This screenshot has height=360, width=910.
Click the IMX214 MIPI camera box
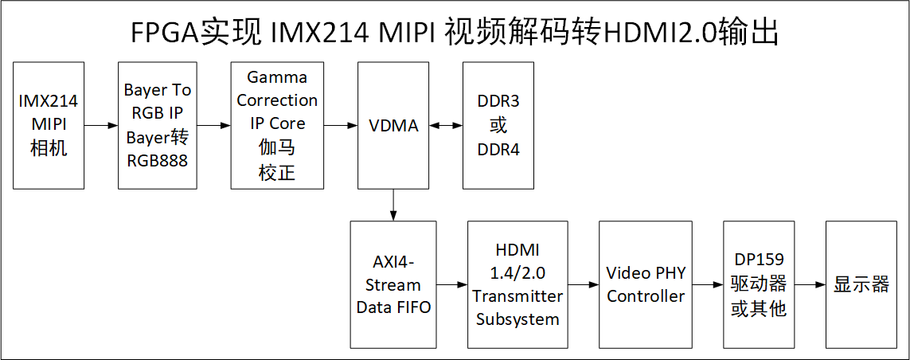(x=49, y=125)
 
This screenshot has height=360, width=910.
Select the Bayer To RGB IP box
(x=157, y=125)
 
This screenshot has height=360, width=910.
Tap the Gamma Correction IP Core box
(x=277, y=125)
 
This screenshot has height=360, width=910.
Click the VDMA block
(x=393, y=125)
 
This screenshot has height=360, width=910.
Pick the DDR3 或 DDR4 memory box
(x=498, y=125)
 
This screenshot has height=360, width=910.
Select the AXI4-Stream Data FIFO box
(x=393, y=284)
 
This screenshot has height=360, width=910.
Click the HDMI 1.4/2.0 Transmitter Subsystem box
(x=517, y=284)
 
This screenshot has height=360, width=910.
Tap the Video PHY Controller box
(x=646, y=284)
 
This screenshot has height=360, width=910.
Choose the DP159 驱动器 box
(x=758, y=284)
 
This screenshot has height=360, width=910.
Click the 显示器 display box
(x=861, y=284)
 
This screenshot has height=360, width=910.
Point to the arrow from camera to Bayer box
(x=100, y=125)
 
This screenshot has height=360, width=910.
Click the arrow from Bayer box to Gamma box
(x=213, y=125)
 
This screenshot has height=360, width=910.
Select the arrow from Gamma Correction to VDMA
(x=341, y=125)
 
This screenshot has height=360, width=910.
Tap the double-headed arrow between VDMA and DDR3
(x=446, y=125)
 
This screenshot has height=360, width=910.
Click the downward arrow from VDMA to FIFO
(x=393, y=205)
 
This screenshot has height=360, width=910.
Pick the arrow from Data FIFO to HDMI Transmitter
(x=452, y=284)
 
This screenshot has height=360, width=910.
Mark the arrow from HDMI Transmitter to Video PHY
(x=584, y=284)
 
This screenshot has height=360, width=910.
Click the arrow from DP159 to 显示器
(x=810, y=284)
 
